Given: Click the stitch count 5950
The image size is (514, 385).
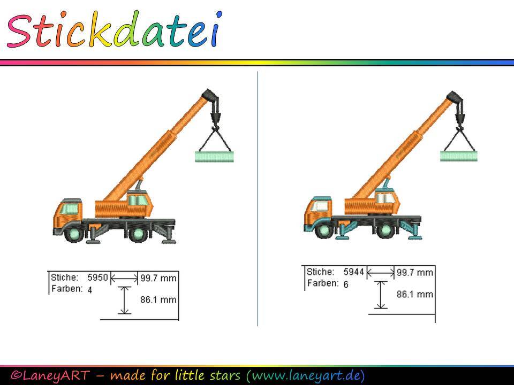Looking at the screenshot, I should (97, 278).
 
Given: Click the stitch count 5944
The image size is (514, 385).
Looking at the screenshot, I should (353, 272).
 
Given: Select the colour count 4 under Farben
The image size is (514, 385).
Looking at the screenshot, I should (90, 290).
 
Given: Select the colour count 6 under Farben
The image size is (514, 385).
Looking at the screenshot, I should (346, 284).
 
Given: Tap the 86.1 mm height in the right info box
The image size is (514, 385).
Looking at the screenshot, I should (414, 294).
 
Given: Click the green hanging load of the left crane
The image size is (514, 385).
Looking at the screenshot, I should (214, 156).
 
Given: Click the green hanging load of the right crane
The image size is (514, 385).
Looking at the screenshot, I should (458, 156).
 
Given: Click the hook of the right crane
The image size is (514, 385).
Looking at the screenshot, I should (459, 120).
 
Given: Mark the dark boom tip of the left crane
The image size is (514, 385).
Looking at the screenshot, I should (211, 101).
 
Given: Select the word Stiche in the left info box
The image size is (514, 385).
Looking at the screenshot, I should (65, 278).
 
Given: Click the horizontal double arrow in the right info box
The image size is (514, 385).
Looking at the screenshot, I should (380, 273).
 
